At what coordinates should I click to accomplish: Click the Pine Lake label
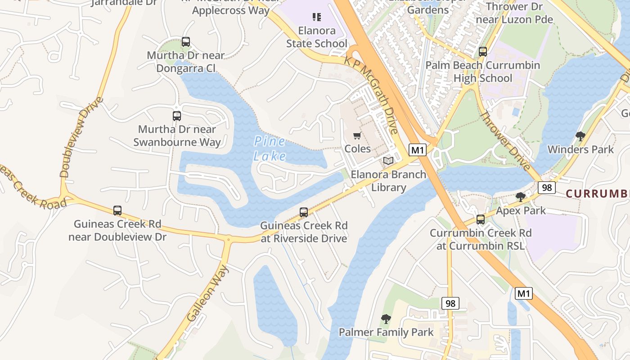[270, 149]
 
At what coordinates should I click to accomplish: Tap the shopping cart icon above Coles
[357, 136]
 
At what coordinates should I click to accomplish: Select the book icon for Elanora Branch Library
[388, 161]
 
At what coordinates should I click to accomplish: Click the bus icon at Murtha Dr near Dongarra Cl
[186, 42]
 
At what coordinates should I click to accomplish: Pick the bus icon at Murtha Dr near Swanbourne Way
[177, 116]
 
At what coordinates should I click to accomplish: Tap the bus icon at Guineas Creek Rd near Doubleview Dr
[117, 210]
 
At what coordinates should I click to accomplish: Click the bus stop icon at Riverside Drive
[304, 212]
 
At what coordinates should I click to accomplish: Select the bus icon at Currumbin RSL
[481, 220]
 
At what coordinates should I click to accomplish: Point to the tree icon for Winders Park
[580, 136]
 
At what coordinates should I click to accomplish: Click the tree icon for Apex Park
[521, 197]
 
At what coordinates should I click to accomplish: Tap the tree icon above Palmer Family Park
[386, 319]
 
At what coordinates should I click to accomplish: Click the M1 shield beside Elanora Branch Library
[418, 150]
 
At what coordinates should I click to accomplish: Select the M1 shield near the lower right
[523, 293]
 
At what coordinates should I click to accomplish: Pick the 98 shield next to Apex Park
[547, 187]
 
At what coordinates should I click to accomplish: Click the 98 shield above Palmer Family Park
[450, 303]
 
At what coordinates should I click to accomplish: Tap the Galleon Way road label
[208, 293]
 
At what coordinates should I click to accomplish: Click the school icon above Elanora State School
[317, 18]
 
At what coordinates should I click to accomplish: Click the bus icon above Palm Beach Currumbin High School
[483, 52]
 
